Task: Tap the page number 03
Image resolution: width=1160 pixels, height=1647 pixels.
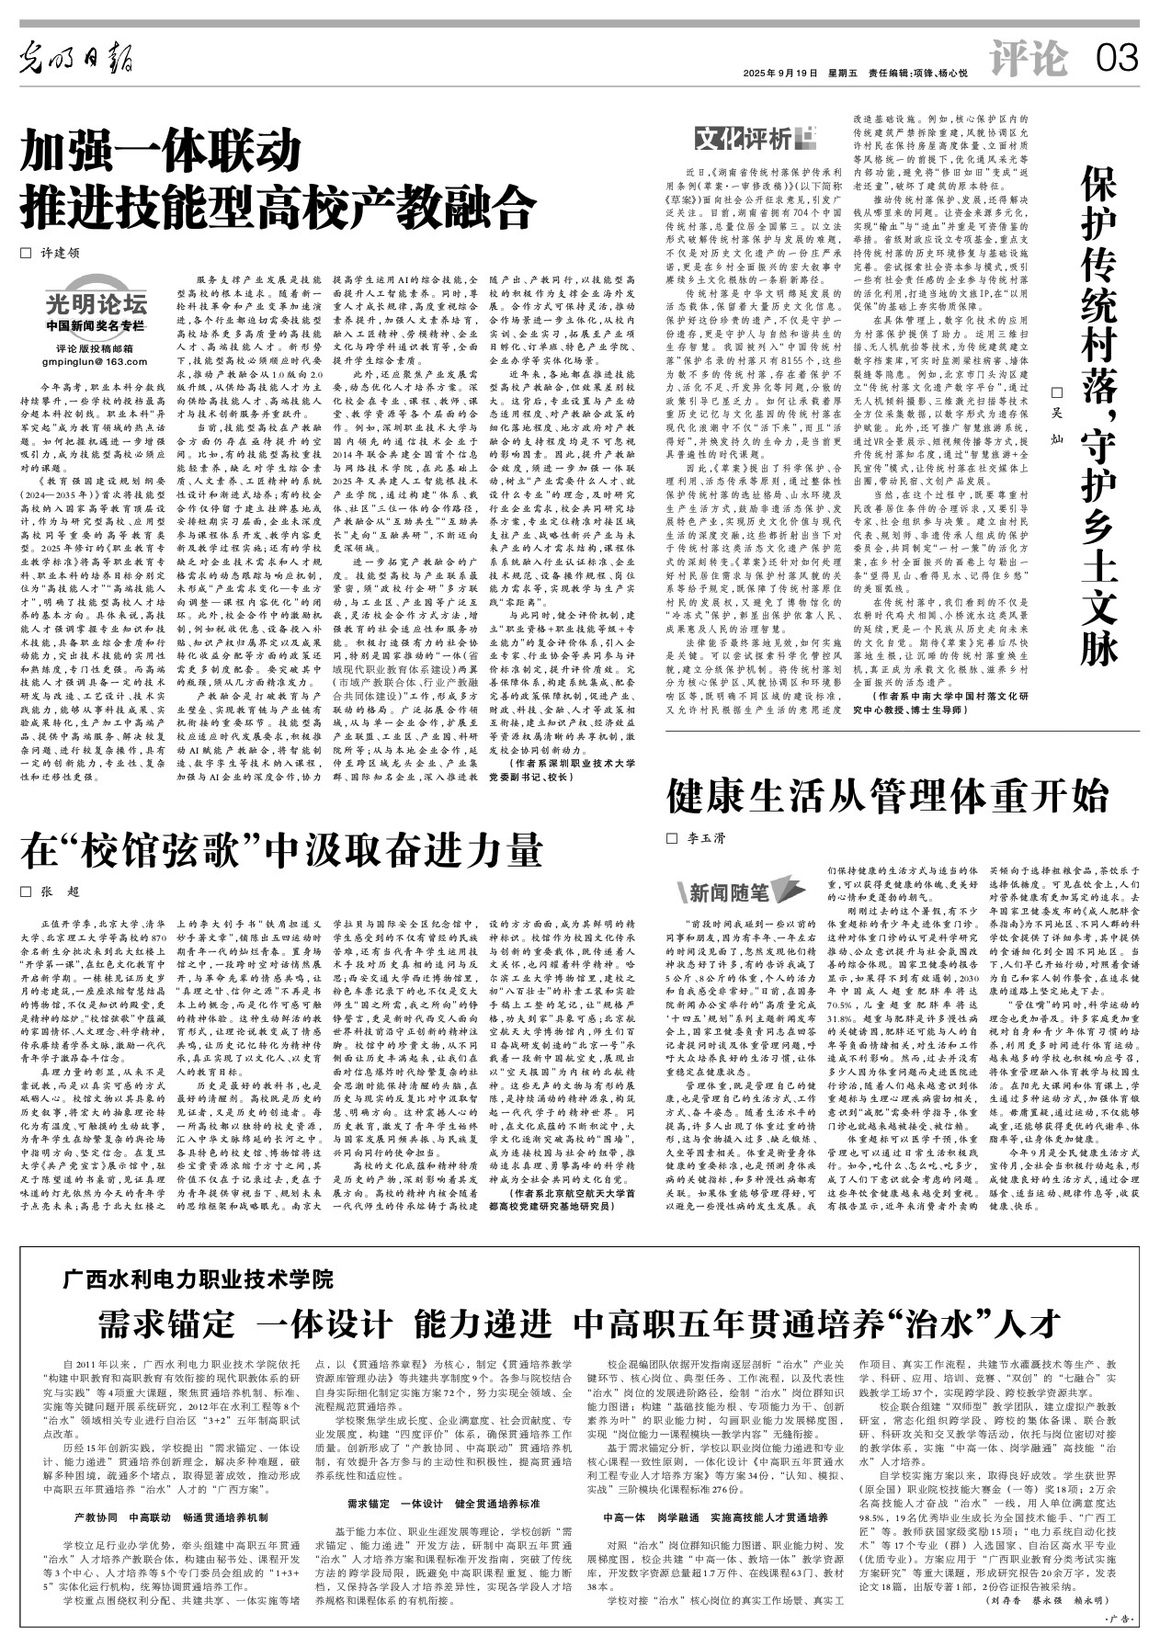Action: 1117,61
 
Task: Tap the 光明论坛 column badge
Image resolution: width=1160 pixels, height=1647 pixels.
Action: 97,306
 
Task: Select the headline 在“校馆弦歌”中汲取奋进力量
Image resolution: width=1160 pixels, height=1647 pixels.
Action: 282,850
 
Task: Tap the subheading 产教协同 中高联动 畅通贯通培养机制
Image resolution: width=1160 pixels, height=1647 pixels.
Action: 171,1518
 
